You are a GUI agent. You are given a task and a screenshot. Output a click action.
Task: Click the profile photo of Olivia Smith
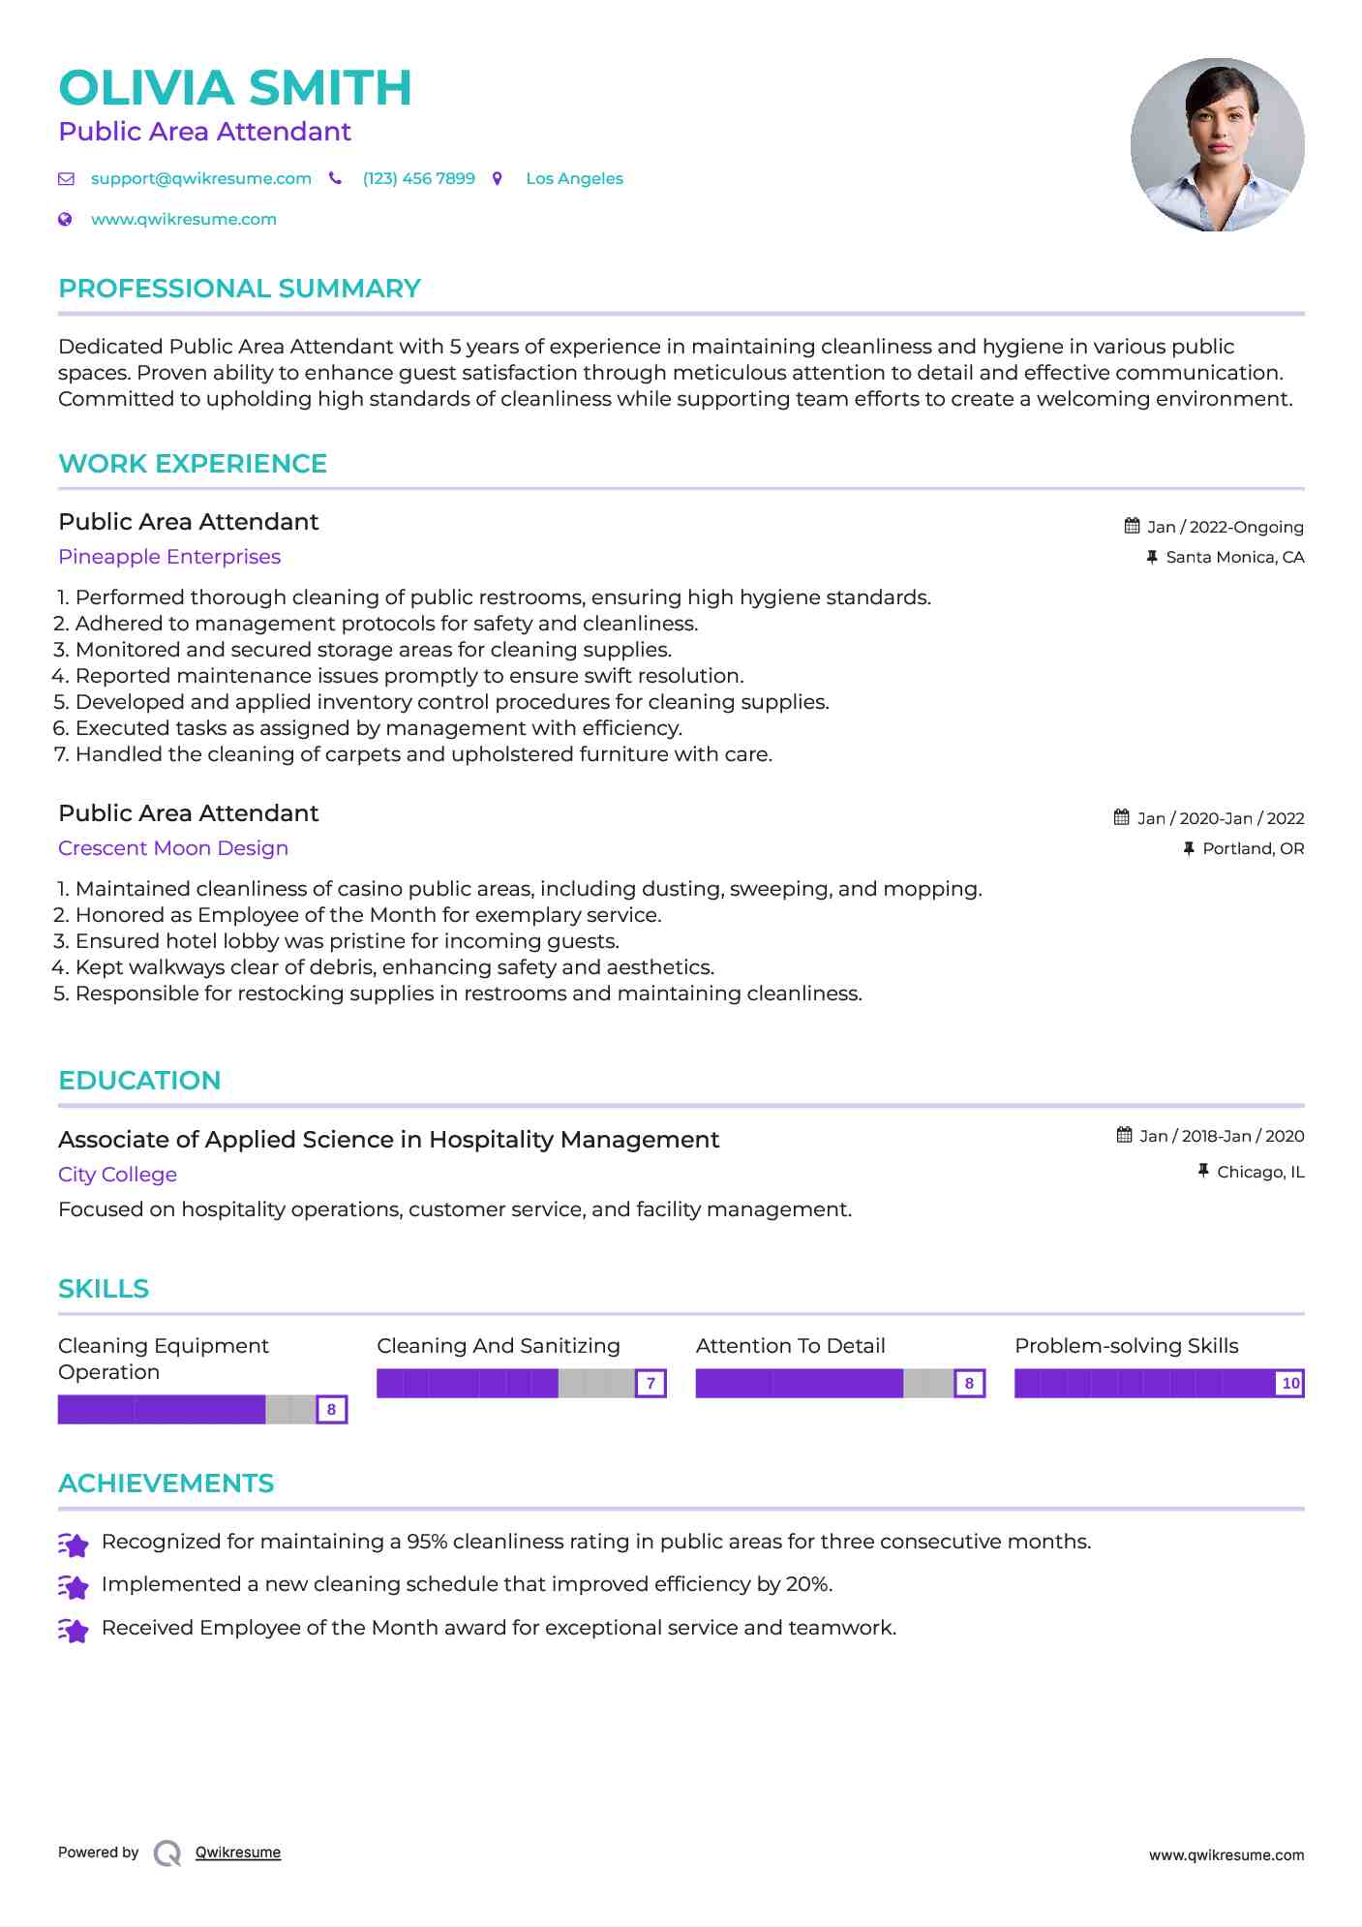tap(1217, 145)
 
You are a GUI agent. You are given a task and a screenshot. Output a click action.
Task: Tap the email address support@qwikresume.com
tap(200, 179)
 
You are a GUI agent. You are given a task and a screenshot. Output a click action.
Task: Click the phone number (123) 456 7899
tap(418, 179)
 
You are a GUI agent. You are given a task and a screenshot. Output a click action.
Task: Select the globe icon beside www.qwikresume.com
tap(65, 220)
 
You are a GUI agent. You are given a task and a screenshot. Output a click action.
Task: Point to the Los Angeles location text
tap(574, 179)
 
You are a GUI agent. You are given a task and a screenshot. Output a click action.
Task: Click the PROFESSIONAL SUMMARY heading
tap(239, 289)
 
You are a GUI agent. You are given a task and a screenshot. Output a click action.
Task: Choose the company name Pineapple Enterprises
tap(169, 557)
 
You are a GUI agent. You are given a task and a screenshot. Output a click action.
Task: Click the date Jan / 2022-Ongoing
tap(1225, 527)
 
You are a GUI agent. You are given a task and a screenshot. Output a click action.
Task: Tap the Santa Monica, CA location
tap(1234, 557)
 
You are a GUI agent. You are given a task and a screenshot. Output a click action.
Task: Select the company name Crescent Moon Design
tap(173, 848)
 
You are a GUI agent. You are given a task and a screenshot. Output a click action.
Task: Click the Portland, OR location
tap(1253, 848)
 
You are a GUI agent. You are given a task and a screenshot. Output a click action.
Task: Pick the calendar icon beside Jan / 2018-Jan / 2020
tap(1124, 1135)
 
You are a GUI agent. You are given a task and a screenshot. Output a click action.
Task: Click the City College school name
tap(117, 1175)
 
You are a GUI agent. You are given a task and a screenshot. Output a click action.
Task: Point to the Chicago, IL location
tap(1260, 1172)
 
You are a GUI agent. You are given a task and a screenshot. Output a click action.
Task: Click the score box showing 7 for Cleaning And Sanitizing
tap(651, 1383)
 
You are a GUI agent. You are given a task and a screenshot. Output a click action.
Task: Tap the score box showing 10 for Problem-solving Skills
tap(1290, 1383)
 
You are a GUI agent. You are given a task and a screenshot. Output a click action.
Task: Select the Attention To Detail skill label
tap(790, 1346)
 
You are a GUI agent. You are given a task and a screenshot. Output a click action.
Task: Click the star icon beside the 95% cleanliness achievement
tap(74, 1545)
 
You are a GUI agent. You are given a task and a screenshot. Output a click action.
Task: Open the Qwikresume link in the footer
tap(238, 1852)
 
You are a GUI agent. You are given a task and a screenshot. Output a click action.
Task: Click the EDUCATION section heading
tap(139, 1081)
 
